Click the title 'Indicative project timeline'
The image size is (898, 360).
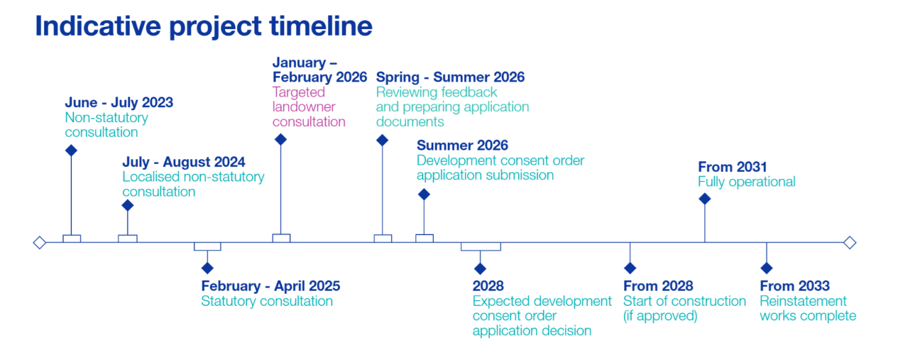pyautogui.click(x=203, y=26)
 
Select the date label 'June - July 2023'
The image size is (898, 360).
pyautogui.click(x=119, y=102)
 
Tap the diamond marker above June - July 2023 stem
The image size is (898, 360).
pyautogui.click(x=71, y=151)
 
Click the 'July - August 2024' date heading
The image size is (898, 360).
pyautogui.click(x=184, y=162)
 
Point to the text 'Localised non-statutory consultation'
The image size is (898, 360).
pyautogui.click(x=193, y=184)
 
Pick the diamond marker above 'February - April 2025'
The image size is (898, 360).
pyautogui.click(x=207, y=268)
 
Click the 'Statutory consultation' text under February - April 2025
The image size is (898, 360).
pyautogui.click(x=267, y=301)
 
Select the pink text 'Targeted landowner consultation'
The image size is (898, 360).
pyautogui.click(x=309, y=107)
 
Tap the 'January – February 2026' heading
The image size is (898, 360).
pyautogui.click(x=320, y=70)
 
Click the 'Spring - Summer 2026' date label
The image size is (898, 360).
pyautogui.click(x=450, y=77)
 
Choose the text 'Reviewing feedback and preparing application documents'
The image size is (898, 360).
pyautogui.click(x=452, y=107)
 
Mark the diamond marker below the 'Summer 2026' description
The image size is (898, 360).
pyautogui.click(x=424, y=194)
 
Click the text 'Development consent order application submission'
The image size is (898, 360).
pyautogui.click(x=500, y=168)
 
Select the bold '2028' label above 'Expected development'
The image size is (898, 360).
pyautogui.click(x=488, y=286)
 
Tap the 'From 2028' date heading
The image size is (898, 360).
pyautogui.click(x=658, y=286)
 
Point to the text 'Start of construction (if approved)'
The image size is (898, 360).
pyautogui.click(x=684, y=308)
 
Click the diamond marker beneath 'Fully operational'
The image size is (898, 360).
pyautogui.click(x=705, y=199)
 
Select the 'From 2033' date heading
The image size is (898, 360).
pyautogui.click(x=794, y=286)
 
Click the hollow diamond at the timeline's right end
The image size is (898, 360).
pyautogui.click(x=850, y=242)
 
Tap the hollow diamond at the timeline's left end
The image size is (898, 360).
pyautogui.click(x=40, y=242)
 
